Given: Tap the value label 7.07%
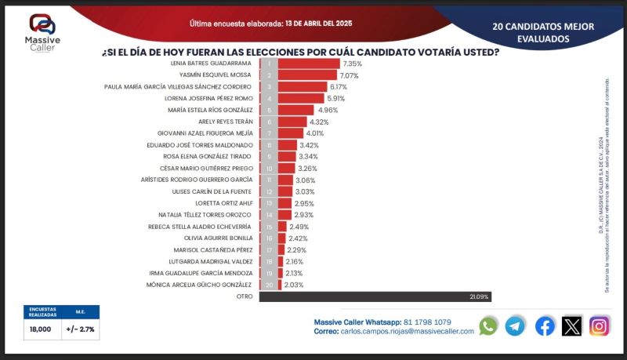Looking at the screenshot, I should coord(350,75).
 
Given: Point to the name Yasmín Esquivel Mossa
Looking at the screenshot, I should coord(215,75).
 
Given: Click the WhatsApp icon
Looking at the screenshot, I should coord(488,326).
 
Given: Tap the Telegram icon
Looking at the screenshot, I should coord(515,326).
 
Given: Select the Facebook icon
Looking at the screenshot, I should coord(545,326).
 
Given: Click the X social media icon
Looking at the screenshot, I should coord(572,326).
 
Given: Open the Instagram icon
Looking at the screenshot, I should coord(600,326).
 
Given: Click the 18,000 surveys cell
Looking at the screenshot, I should coord(42,329).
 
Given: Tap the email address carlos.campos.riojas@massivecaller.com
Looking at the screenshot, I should coord(408,332).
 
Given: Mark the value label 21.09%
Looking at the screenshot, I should coord(480,296).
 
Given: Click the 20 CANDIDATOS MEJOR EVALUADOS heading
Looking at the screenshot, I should coord(543,31).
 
